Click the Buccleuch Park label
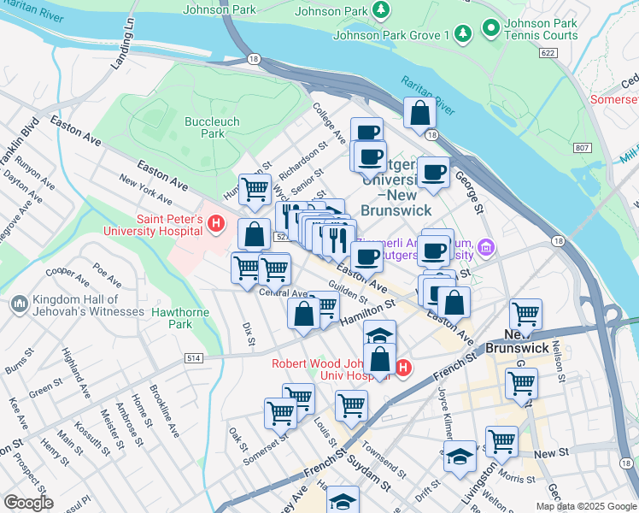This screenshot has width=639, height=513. click(205, 127)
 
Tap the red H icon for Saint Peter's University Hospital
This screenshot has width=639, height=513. click(216, 225)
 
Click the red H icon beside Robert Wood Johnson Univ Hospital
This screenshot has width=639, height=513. click(403, 369)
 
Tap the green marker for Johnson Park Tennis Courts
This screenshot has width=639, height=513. click(490, 29)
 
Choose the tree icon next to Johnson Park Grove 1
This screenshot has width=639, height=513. click(462, 34)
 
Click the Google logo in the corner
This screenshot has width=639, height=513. click(27, 503)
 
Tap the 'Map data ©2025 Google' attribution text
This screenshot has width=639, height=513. click(585, 506)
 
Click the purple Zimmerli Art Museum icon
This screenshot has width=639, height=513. click(487, 249)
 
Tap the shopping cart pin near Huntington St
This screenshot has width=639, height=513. click(255, 190)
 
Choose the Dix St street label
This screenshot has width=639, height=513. click(248, 333)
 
